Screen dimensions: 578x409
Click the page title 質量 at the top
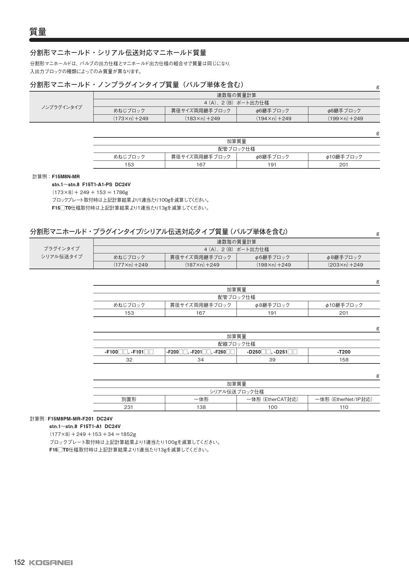[x=38, y=32]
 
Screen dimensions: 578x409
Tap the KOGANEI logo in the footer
[x=51, y=563]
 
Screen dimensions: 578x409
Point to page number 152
[x=19, y=562]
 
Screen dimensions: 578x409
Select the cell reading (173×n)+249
[x=129, y=119]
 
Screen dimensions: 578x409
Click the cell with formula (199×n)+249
[x=344, y=119]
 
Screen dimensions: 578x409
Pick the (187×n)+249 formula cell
[x=201, y=265]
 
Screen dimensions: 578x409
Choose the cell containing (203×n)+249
[x=344, y=265]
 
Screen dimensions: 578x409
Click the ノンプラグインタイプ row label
[x=62, y=107]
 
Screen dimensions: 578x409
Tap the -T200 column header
[x=344, y=352]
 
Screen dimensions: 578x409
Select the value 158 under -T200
[x=344, y=360]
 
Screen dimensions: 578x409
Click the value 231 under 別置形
[x=129, y=407]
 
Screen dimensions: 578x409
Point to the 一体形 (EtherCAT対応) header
[x=272, y=399]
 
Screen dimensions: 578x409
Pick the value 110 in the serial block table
[x=344, y=407]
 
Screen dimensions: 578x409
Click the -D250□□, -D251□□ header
[x=272, y=352]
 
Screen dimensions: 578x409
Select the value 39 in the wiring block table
[x=272, y=360]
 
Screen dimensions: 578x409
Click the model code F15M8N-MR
[x=66, y=177]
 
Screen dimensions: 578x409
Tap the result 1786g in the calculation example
[x=120, y=192]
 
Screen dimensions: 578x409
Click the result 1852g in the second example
[x=128, y=434]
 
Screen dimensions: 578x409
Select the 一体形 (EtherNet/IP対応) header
[x=344, y=399]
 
